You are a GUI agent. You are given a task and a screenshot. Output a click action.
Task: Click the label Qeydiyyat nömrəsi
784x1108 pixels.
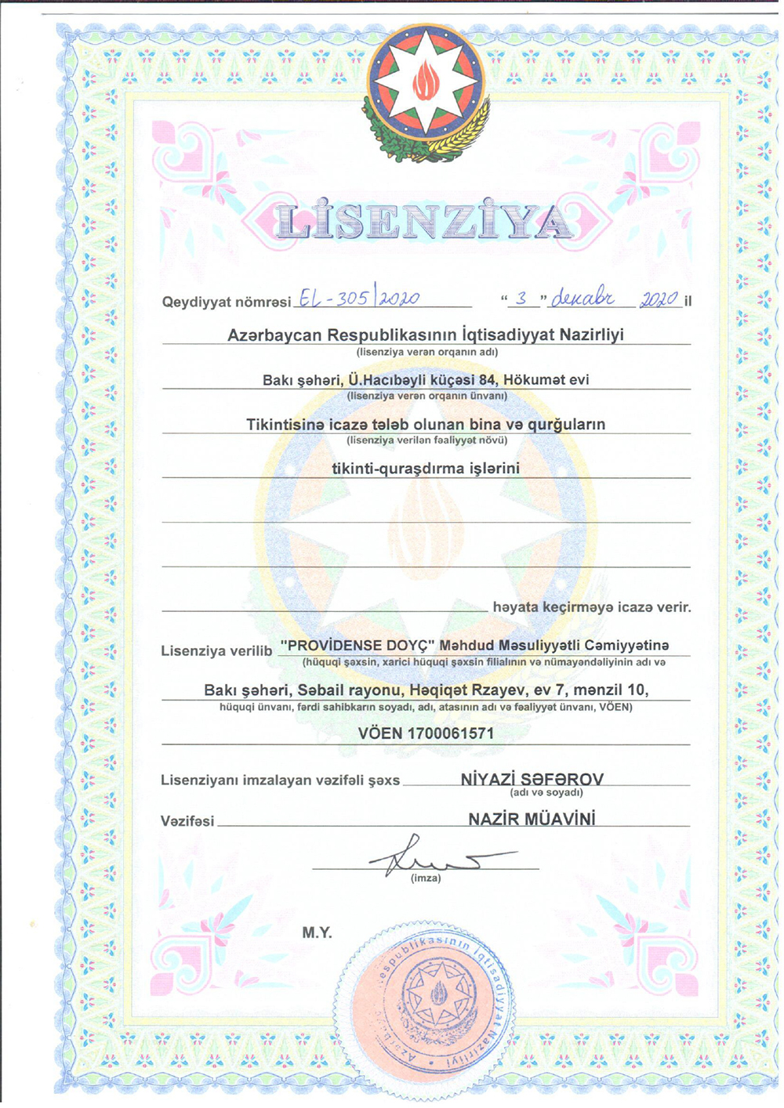226,302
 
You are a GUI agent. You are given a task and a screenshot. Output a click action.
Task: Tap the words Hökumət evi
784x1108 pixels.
546,380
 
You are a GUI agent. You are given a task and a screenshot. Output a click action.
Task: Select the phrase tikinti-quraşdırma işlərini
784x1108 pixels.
426,469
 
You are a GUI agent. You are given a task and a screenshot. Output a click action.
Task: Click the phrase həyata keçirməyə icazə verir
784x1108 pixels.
592,607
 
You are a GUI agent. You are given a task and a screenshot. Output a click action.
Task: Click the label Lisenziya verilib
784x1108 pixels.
216,650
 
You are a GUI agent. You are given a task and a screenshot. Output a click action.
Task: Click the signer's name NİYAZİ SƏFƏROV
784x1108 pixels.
532,779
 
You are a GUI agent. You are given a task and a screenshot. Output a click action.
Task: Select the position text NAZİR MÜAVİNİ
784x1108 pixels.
532,819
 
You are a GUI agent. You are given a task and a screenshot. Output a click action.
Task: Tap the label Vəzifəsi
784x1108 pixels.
187,821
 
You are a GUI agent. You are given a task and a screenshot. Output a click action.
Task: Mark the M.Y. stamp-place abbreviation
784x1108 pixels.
317,932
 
